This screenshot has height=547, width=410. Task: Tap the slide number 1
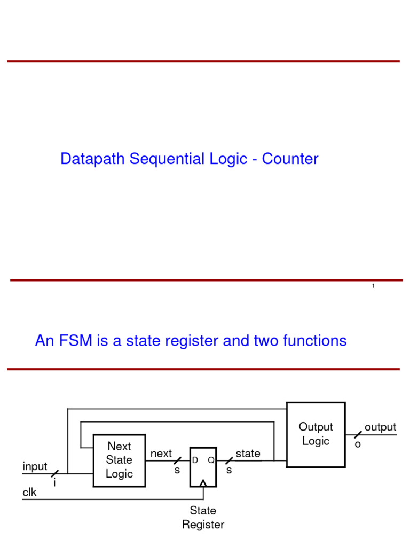(373, 287)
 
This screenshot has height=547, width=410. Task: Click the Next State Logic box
(119, 460)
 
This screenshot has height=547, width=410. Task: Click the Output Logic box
(316, 434)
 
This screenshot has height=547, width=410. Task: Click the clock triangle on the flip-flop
(203, 483)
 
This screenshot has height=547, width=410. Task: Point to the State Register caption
(203, 518)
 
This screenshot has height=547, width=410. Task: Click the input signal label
(35, 467)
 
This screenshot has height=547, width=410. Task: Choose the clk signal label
(29, 493)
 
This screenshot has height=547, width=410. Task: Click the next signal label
(161, 454)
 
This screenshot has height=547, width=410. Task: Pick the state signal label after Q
(248, 454)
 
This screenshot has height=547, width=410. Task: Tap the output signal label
(380, 427)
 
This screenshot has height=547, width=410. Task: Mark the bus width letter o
(358, 444)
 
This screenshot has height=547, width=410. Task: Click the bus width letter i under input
(54, 482)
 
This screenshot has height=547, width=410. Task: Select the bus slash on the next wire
(177, 460)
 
